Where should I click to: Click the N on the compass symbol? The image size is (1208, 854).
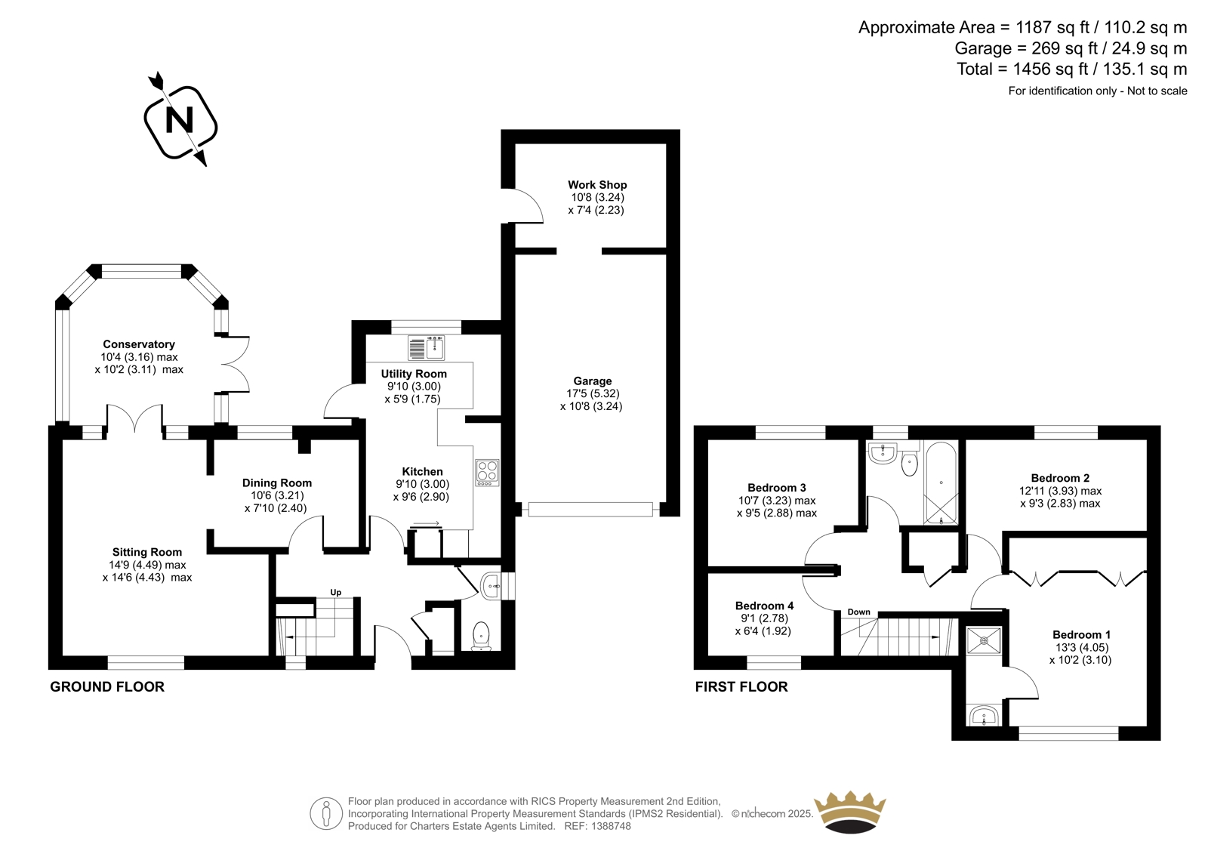(x=180, y=120)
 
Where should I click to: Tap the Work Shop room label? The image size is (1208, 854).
(x=597, y=185)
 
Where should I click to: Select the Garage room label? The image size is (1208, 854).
(x=592, y=381)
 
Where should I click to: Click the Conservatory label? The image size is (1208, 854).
(x=139, y=344)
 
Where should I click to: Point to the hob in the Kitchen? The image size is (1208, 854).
(x=487, y=473)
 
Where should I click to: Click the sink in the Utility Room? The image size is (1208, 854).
(x=426, y=348)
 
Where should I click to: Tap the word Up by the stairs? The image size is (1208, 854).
(x=335, y=592)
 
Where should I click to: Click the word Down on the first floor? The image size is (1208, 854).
(x=858, y=612)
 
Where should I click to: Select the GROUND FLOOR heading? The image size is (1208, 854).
(x=107, y=687)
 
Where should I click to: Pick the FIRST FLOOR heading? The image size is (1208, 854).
(x=741, y=687)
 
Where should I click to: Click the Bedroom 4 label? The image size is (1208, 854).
(x=764, y=606)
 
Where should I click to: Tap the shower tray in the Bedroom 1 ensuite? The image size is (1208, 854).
(x=985, y=640)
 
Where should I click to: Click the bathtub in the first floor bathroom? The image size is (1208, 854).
(x=941, y=482)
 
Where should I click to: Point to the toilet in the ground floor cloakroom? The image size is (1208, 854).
(x=480, y=637)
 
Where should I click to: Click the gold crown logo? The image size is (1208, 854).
(x=850, y=812)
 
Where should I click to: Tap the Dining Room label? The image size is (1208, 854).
(x=276, y=482)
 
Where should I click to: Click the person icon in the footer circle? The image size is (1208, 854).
(x=325, y=814)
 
